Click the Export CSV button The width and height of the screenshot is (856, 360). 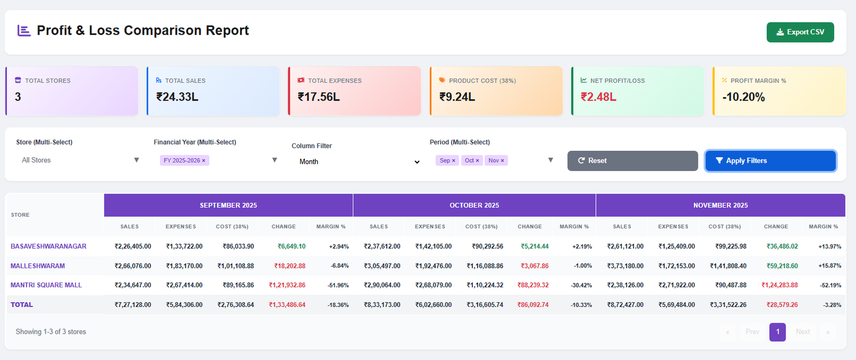point(800,32)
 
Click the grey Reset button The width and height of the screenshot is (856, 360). point(632,160)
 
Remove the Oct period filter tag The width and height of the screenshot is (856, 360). point(477,160)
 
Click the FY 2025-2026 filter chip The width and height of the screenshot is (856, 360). point(181,160)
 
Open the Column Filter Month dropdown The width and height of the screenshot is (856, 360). point(358,162)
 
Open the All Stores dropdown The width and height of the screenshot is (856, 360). point(79,160)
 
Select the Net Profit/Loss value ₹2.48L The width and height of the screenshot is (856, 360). point(598,97)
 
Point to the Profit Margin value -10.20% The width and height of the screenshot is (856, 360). point(743,97)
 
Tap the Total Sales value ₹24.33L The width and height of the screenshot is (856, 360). point(177,97)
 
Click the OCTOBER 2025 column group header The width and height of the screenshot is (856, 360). point(474,205)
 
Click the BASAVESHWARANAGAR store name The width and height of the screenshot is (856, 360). point(49,247)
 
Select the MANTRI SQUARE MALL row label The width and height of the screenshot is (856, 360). point(46,285)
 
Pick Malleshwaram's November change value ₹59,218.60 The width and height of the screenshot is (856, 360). point(782,266)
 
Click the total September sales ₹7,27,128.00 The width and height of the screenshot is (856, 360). point(133,305)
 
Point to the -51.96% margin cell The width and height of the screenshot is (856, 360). point(338,286)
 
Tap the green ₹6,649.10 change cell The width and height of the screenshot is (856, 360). point(292,247)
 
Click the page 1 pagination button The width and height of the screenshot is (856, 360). point(777,332)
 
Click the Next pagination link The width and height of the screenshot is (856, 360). point(802,332)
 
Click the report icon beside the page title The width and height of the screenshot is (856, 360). point(24,30)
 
